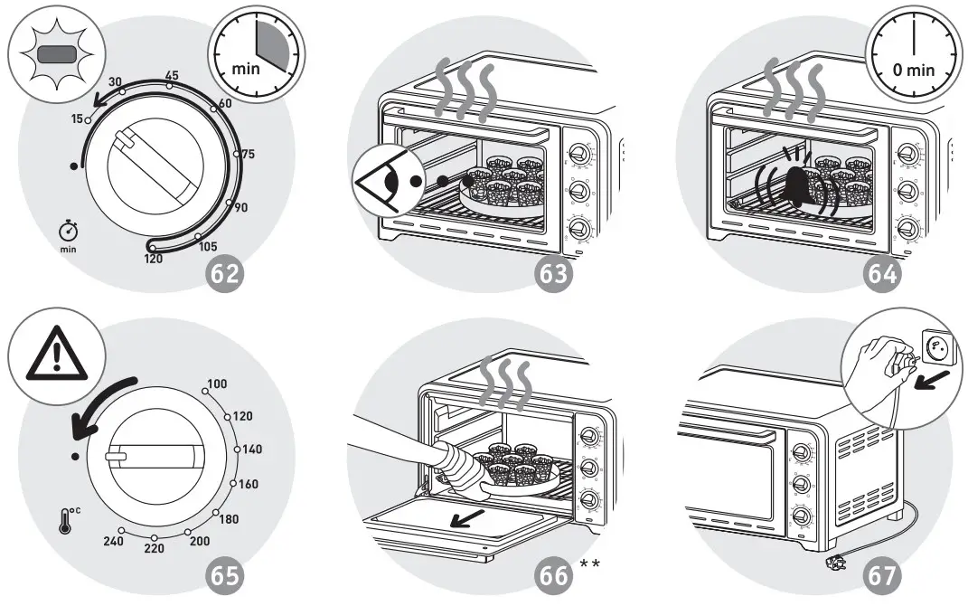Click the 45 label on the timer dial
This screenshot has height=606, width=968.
[x=171, y=75]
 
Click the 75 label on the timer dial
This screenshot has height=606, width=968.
[x=247, y=154]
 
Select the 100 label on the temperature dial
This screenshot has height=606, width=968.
[x=217, y=384]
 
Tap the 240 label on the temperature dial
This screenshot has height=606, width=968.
[x=112, y=541]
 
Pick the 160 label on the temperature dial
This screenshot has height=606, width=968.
[x=248, y=484]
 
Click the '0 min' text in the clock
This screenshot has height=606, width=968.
[x=914, y=70]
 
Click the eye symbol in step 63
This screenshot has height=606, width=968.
[x=387, y=181]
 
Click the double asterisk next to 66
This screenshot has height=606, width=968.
[x=590, y=565]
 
